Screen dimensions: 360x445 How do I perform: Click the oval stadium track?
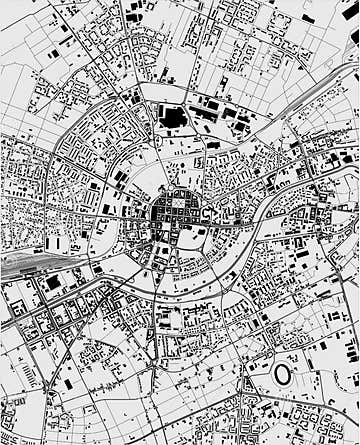(273, 375)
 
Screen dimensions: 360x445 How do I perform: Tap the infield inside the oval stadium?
(282, 375)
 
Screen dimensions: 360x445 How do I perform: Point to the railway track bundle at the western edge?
(20, 264)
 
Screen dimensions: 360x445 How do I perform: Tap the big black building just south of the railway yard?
(52, 284)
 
